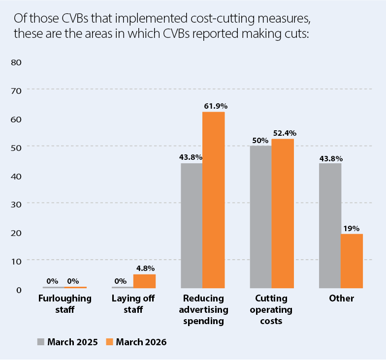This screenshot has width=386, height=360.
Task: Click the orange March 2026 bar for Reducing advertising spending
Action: (214, 200)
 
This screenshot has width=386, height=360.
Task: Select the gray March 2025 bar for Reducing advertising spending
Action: (192, 225)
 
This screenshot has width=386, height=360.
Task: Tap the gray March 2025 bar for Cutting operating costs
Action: (261, 216)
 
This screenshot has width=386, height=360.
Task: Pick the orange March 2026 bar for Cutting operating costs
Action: (283, 213)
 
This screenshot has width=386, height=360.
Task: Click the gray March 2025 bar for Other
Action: (330, 225)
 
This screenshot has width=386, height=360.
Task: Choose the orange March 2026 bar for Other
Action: (352, 261)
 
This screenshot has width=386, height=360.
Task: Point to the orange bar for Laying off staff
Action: (144, 281)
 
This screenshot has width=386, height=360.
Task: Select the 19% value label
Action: (352, 228)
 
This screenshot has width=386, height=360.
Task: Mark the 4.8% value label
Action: (145, 268)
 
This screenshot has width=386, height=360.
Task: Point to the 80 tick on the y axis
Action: (17, 62)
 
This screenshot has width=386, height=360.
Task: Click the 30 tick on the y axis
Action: (17, 204)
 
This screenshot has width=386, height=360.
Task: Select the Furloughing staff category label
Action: (64, 304)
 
